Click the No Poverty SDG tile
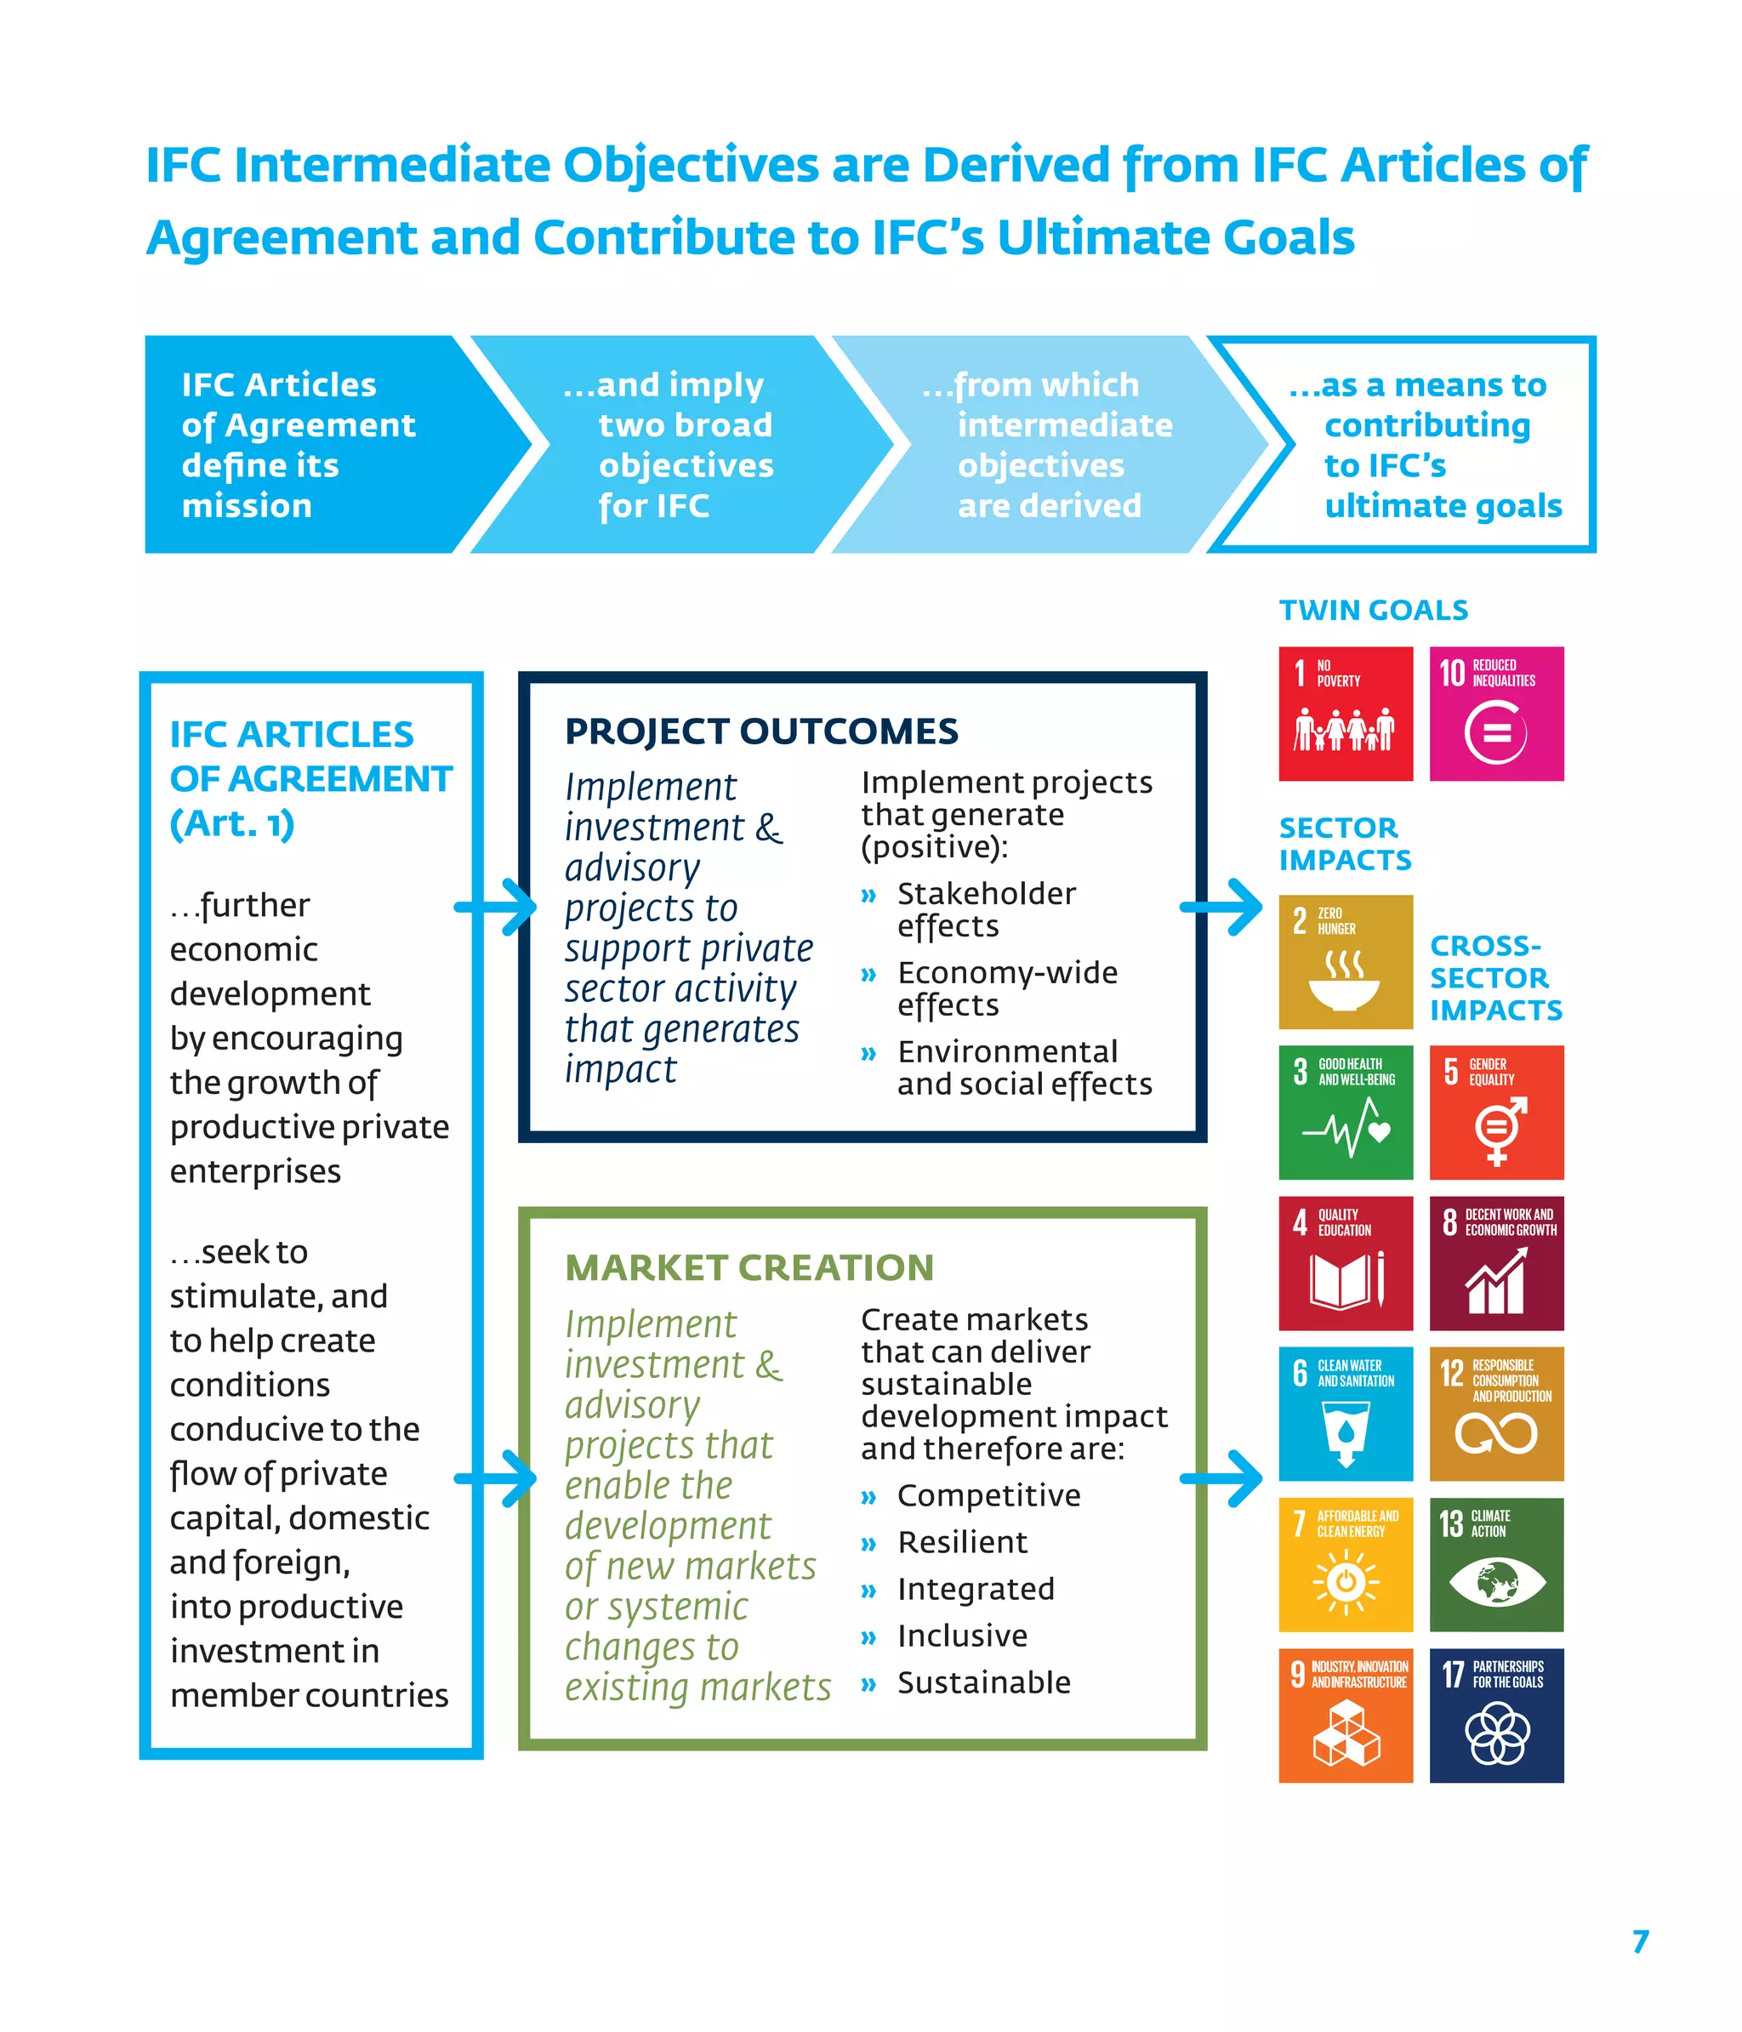point(1345,713)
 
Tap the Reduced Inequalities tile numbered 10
point(1496,713)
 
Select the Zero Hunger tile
point(1345,961)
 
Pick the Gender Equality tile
point(1496,1112)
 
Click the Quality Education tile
point(1345,1262)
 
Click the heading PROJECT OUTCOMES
point(761,731)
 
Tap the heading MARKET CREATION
point(749,1267)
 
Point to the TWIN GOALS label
point(1373,610)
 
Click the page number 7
point(1640,1942)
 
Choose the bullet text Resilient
point(962,1543)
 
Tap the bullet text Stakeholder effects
point(985,909)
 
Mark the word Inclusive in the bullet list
point(962,1636)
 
